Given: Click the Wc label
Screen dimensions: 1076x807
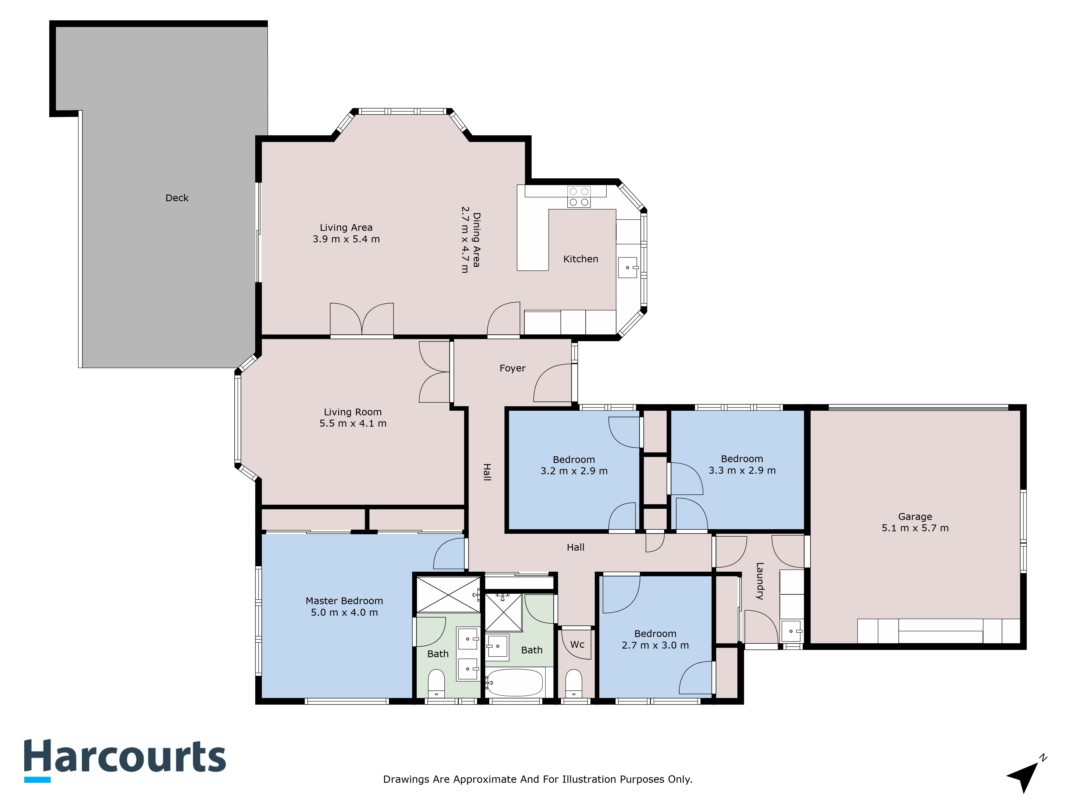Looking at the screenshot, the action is coord(577,645).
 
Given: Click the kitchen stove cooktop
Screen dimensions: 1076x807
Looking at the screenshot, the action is coord(579,197).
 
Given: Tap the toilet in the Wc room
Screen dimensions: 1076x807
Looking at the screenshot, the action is coord(574,684).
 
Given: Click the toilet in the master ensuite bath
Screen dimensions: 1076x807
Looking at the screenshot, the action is coord(436,684).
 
